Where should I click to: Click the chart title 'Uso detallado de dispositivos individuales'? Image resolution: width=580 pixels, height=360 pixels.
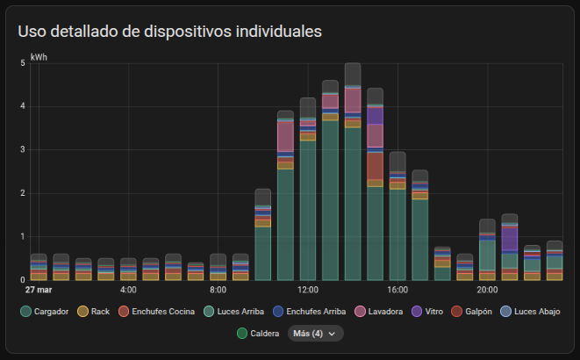click(x=170, y=32)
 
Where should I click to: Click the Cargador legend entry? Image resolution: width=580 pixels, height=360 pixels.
click(x=44, y=312)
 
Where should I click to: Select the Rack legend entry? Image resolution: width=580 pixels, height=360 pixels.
click(x=94, y=312)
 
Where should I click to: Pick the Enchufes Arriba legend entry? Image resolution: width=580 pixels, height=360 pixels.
click(x=308, y=312)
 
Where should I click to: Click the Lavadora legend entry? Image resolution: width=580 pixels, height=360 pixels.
click(x=379, y=312)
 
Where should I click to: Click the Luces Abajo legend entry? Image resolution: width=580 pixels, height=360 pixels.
click(x=529, y=312)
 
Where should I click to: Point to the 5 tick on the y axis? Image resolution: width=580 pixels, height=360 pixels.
click(x=22, y=63)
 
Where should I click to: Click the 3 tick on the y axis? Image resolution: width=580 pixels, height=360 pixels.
click(x=22, y=150)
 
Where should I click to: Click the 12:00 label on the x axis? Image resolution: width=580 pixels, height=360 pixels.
click(x=308, y=289)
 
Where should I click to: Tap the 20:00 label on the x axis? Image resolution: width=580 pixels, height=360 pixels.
click(x=488, y=289)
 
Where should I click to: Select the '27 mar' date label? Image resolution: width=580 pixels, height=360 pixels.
click(x=38, y=289)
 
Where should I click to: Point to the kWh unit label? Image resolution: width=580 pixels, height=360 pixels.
click(x=38, y=56)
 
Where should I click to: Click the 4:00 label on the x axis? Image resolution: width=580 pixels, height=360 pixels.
click(x=128, y=289)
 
